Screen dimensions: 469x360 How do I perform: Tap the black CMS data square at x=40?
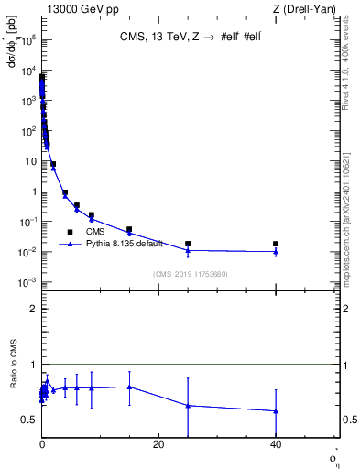click(x=276, y=244)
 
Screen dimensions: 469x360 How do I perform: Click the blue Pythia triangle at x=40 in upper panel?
click(x=276, y=251)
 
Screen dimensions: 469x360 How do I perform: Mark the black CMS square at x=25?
click(x=188, y=244)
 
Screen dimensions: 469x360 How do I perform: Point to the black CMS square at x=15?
click(x=129, y=229)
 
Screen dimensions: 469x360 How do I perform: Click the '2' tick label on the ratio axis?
click(x=33, y=309)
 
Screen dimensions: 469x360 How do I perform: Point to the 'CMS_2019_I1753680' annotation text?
click(x=191, y=274)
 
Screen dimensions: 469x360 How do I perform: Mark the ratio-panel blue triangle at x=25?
click(x=188, y=405)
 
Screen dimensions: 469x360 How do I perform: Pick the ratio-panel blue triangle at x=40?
click(x=276, y=410)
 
